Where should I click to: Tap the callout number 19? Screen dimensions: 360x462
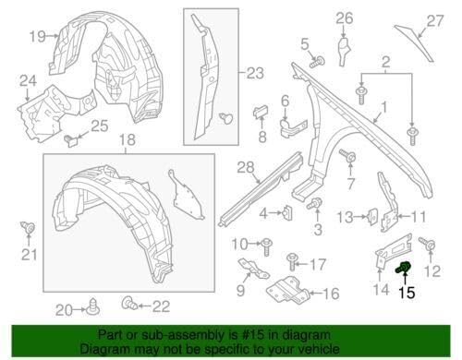click(36, 36)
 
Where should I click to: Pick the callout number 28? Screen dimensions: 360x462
click(244, 167)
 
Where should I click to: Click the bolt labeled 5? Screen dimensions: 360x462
click(317, 62)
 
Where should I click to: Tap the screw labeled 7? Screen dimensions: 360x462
click(350, 159)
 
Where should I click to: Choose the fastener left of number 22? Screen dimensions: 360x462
click(128, 302)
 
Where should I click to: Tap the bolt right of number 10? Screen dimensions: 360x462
click(267, 244)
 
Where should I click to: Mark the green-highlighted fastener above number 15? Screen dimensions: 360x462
click(404, 270)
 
